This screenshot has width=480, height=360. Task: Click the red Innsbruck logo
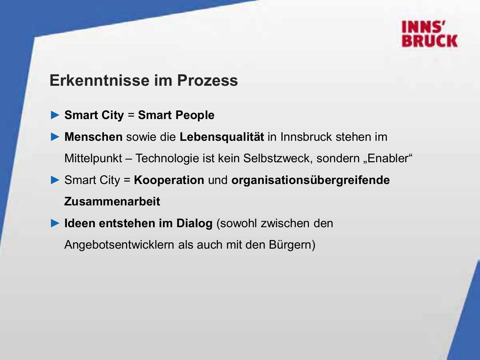pyautogui.click(x=429, y=34)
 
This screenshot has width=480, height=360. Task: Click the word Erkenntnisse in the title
pyautogui.click(x=100, y=80)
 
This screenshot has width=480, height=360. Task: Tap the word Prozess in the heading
pyautogui.click(x=207, y=80)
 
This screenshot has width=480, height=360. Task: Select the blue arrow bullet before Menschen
pyautogui.click(x=55, y=137)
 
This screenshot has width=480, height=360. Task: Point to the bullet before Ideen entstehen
pyautogui.click(x=55, y=223)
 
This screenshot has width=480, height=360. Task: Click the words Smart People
pyautogui.click(x=176, y=115)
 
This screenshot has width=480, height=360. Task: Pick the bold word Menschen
pyautogui.click(x=93, y=137)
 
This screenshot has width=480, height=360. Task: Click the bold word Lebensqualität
pyautogui.click(x=222, y=137)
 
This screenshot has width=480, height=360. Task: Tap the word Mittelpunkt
pyautogui.click(x=93, y=158)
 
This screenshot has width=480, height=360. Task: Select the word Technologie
pyautogui.click(x=167, y=158)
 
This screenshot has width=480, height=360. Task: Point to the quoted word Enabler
pyautogui.click(x=388, y=158)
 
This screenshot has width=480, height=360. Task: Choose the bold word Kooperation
pyautogui.click(x=169, y=180)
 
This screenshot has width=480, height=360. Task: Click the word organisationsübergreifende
pyautogui.click(x=310, y=180)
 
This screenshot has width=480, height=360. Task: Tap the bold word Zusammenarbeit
pyautogui.click(x=112, y=201)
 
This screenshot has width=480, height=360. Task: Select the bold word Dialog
pyautogui.click(x=195, y=223)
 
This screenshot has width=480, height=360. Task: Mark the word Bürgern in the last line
pyautogui.click(x=290, y=244)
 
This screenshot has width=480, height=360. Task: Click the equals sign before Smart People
pyautogui.click(x=131, y=115)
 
